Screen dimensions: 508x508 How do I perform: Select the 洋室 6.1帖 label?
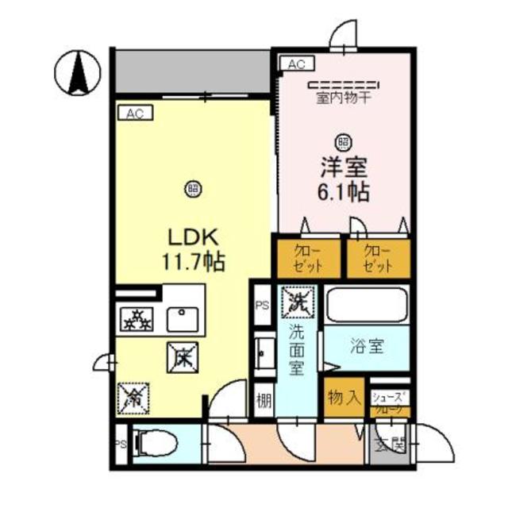tap(343, 181)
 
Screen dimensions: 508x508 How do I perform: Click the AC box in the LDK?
tap(135, 114)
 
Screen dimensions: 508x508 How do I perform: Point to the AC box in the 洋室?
tap(295, 64)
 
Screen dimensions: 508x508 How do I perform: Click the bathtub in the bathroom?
tap(368, 306)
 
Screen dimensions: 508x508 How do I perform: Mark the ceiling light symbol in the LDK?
tap(192, 188)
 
